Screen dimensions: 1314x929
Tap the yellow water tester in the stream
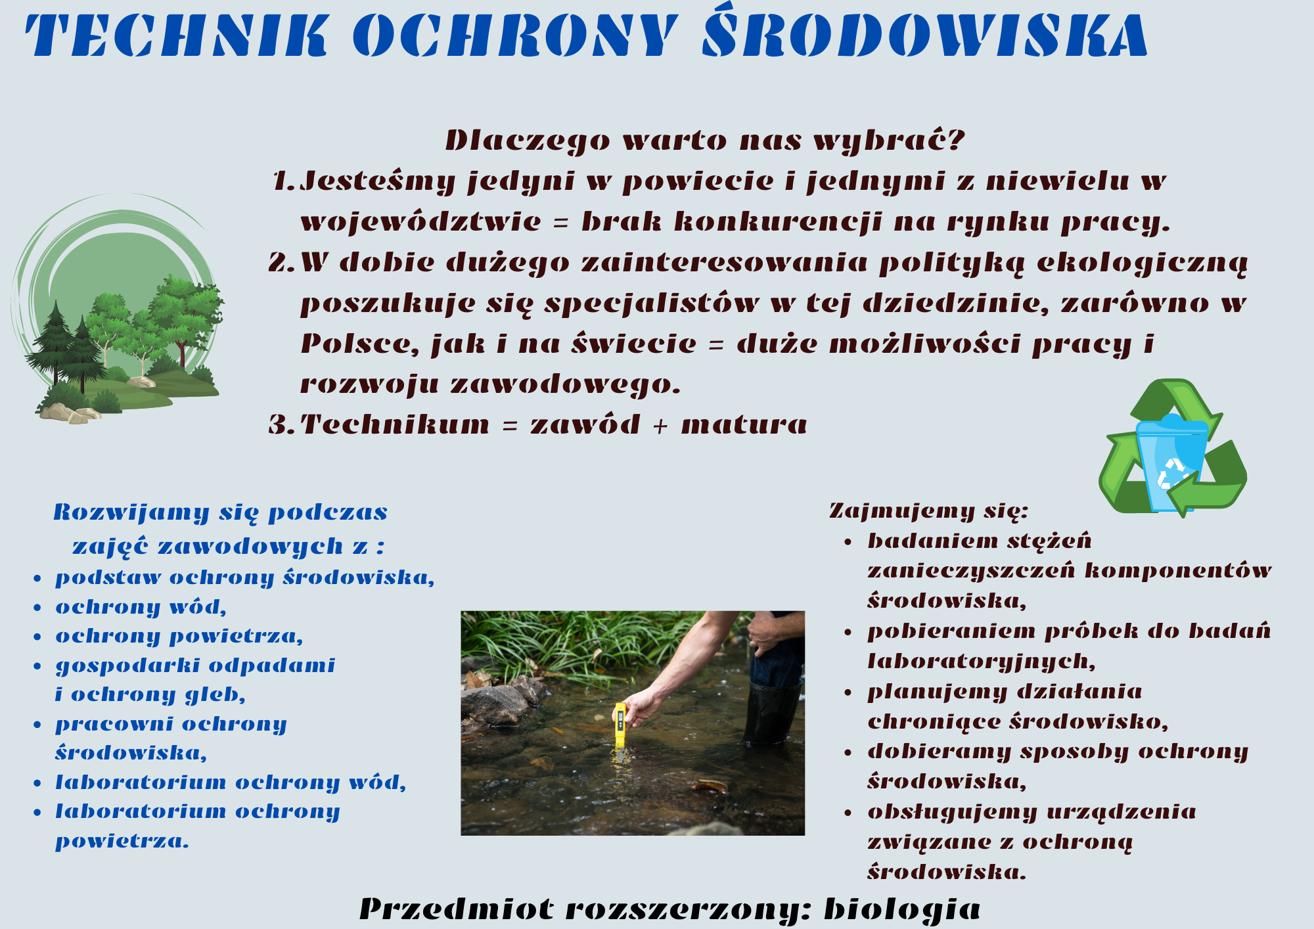(620, 725)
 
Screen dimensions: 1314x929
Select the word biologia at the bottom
(902, 909)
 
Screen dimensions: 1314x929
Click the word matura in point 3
(744, 424)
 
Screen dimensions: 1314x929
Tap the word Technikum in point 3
(395, 424)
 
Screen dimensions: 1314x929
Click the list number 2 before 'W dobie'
(281, 262)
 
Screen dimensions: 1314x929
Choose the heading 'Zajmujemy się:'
(928, 510)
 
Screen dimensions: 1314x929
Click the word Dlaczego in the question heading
(528, 140)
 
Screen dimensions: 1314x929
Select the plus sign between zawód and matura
(660, 426)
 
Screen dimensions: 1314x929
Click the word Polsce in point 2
(359, 344)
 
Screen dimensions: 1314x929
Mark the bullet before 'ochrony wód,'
(37, 608)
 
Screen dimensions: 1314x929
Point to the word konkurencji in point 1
(777, 222)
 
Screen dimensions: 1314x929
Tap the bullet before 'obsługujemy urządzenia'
(848, 813)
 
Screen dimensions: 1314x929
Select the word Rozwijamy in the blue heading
(131, 512)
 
